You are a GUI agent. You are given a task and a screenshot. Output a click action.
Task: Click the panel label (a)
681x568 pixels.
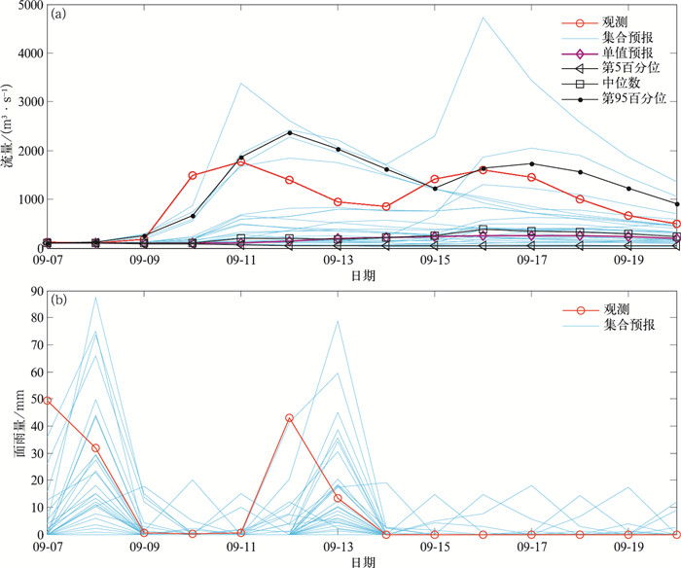(59, 15)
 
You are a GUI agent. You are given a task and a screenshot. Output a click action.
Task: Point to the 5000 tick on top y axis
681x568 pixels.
(27, 6)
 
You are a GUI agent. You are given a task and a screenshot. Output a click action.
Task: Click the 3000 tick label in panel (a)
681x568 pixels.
(27, 102)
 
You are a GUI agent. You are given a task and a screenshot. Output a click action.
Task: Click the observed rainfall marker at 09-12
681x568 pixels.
(289, 417)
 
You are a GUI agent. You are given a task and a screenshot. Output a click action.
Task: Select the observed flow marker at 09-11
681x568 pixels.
(241, 161)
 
